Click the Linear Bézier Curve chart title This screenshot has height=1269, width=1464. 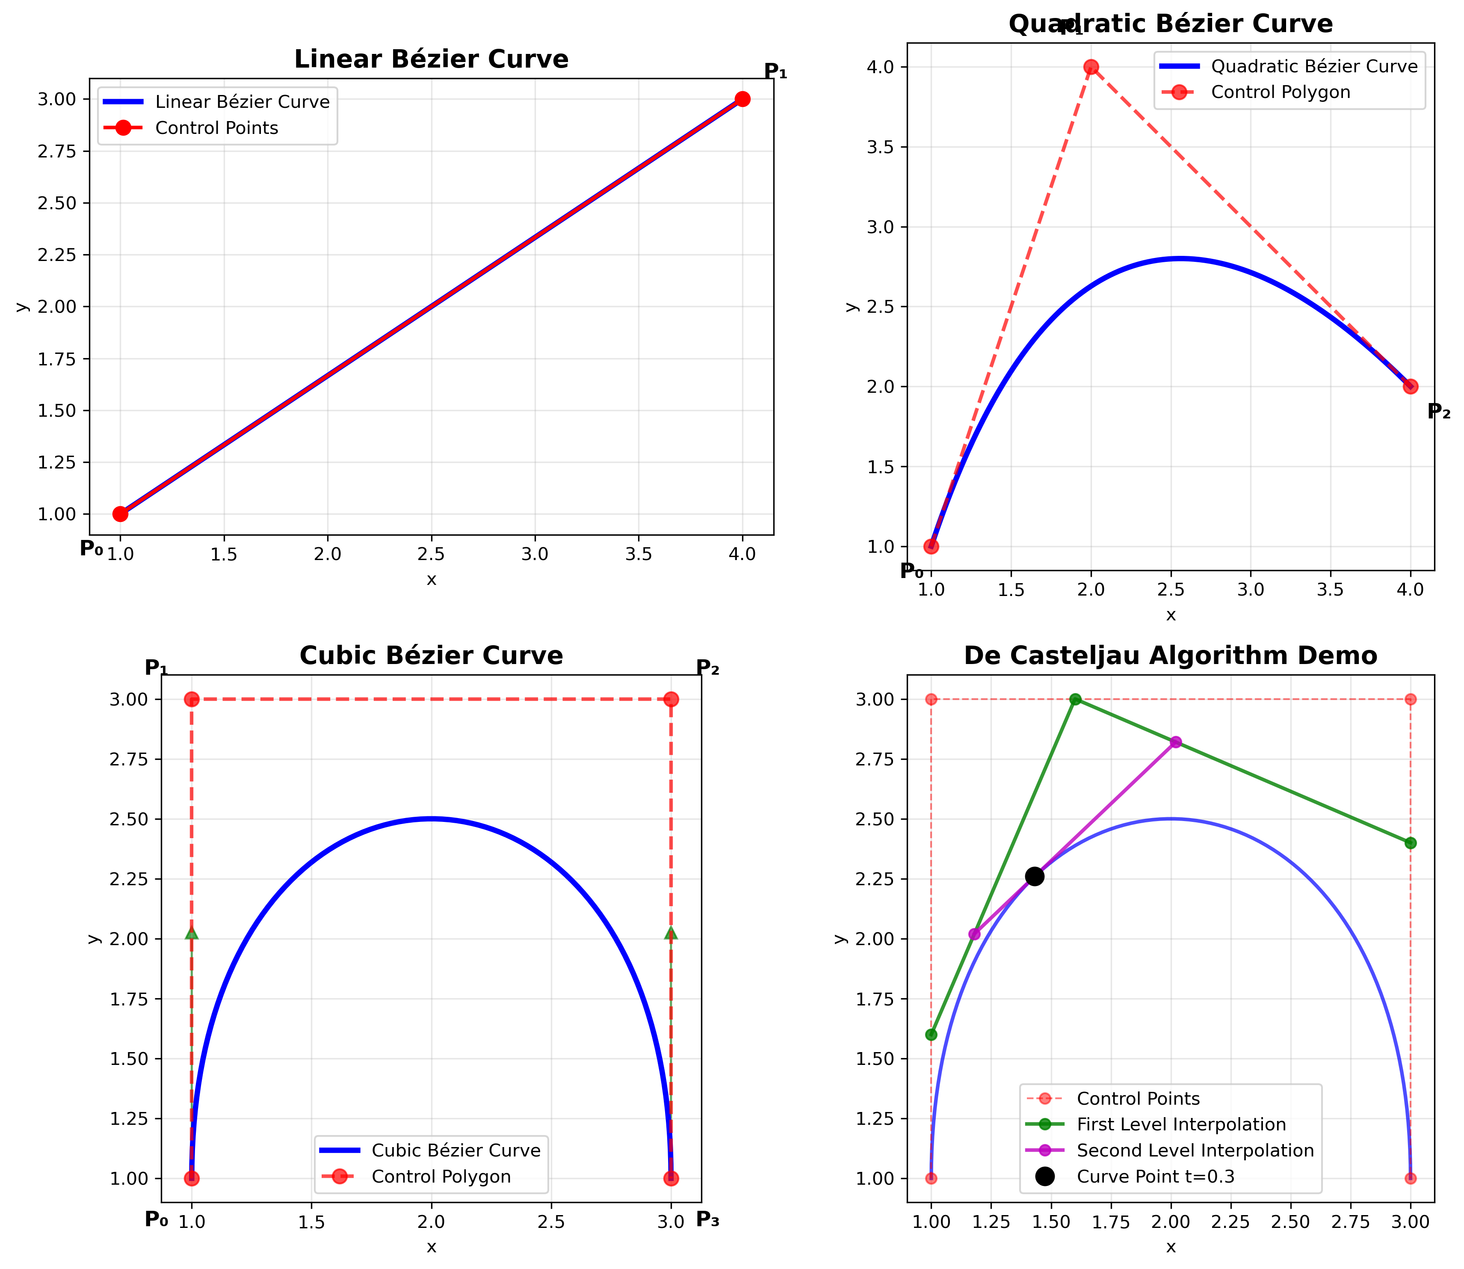(x=431, y=59)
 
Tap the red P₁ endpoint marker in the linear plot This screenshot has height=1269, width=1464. (x=742, y=99)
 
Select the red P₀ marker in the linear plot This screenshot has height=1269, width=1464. (x=120, y=514)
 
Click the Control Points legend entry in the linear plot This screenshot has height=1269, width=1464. (x=216, y=128)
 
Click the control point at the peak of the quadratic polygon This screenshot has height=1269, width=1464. (x=1091, y=67)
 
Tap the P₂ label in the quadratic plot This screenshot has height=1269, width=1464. (x=1438, y=412)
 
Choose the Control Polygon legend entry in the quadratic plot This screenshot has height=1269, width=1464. (x=1280, y=93)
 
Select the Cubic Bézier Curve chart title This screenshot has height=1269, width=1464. (x=431, y=656)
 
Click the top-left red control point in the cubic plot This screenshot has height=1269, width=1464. (x=191, y=700)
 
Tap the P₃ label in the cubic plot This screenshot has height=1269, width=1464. (x=707, y=1219)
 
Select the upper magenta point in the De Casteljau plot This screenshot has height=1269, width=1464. (x=1175, y=742)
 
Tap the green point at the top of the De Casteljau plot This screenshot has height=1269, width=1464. (x=1075, y=700)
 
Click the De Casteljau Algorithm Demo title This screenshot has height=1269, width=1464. (x=1170, y=656)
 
